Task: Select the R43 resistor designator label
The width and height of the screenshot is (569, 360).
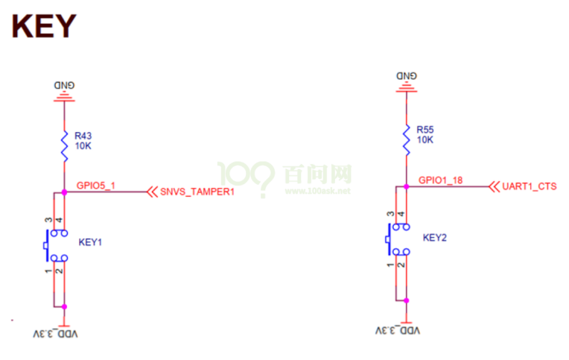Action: (83, 136)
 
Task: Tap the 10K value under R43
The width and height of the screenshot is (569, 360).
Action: (83, 147)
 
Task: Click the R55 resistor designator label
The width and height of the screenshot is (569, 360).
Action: (425, 129)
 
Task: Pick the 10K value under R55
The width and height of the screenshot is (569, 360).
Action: (425, 140)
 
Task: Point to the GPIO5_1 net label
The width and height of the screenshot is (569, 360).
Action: (96, 184)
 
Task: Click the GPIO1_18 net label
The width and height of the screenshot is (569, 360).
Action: (441, 180)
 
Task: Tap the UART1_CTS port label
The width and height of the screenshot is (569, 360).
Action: (530, 186)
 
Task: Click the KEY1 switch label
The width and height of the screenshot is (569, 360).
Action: (90, 242)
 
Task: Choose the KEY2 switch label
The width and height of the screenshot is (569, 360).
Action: (434, 238)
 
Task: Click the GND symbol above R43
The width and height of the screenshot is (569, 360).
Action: (64, 90)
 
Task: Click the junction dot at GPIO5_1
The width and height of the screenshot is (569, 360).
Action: (64, 192)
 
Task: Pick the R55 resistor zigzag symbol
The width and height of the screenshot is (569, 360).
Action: (406, 139)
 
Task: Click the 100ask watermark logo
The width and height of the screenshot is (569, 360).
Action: (283, 179)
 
